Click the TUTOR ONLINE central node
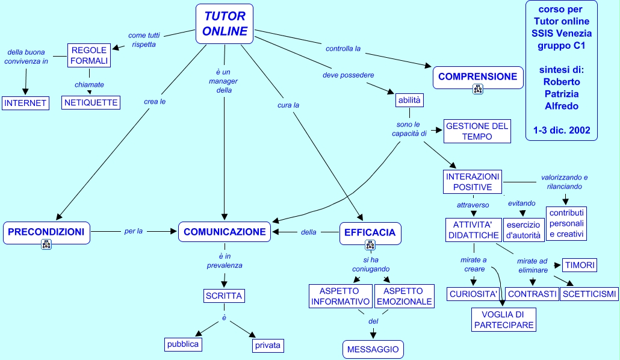(x=225, y=24)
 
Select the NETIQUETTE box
(x=91, y=103)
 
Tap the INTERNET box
(x=25, y=103)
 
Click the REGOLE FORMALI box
(x=90, y=55)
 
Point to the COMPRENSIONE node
(x=477, y=77)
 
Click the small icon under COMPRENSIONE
(x=478, y=89)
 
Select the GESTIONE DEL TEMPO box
(x=477, y=131)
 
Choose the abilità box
(x=409, y=100)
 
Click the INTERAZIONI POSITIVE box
(x=473, y=182)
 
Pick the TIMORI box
(x=580, y=265)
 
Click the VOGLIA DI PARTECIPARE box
(x=503, y=320)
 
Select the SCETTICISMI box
(x=589, y=294)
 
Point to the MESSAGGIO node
(x=373, y=349)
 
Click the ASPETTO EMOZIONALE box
(x=404, y=296)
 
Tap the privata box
(x=267, y=346)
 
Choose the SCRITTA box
(x=224, y=296)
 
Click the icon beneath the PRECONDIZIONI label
(x=46, y=244)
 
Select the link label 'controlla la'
(x=343, y=49)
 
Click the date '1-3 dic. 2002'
(x=561, y=129)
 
